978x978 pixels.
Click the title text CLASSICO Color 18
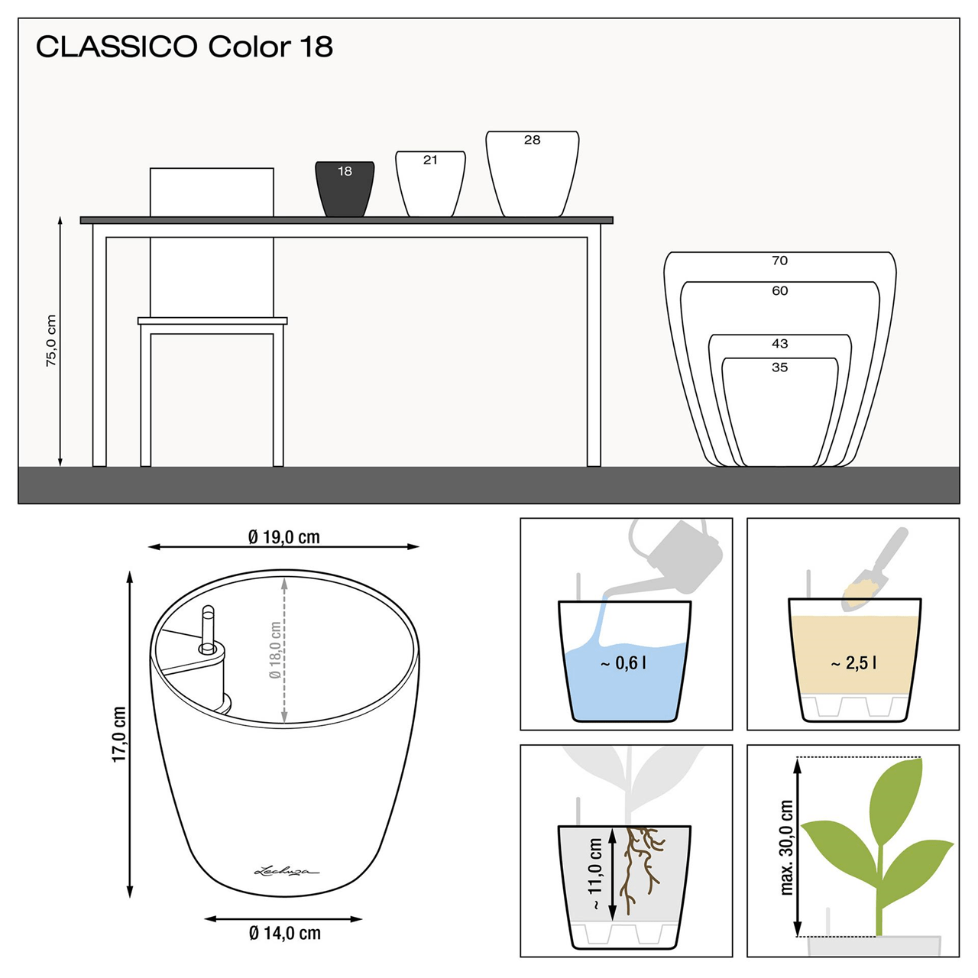184,47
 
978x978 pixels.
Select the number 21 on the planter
430,160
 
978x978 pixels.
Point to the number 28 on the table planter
533,140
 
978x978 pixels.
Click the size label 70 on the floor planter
779,261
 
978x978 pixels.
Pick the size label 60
779,290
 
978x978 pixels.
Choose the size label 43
779,344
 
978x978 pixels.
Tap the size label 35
779,368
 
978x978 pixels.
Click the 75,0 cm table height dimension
51,341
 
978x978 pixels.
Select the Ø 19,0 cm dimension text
284,537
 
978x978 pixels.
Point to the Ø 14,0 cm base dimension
285,933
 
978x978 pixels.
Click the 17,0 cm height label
119,733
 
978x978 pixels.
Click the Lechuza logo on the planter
287,870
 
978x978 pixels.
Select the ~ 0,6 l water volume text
623,663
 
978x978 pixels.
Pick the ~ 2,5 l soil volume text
853,663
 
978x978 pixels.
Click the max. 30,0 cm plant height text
787,847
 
